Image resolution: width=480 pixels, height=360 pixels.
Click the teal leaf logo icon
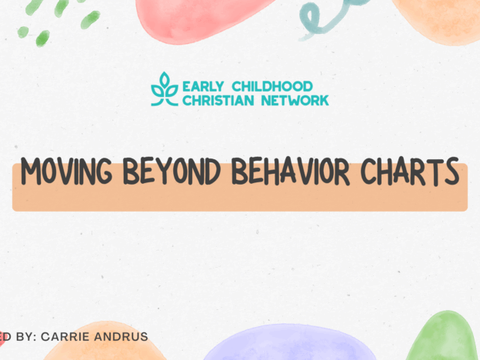[164, 89]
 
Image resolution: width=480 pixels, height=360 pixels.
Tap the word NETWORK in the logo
[296, 99]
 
